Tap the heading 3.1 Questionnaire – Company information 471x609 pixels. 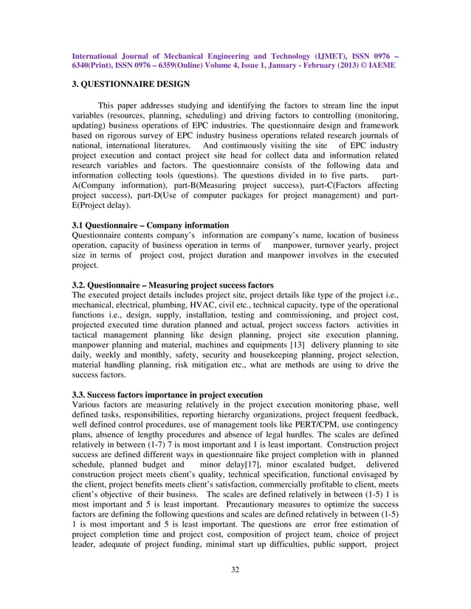coord(150,225)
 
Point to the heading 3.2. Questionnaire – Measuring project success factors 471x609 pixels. coord(173,285)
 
